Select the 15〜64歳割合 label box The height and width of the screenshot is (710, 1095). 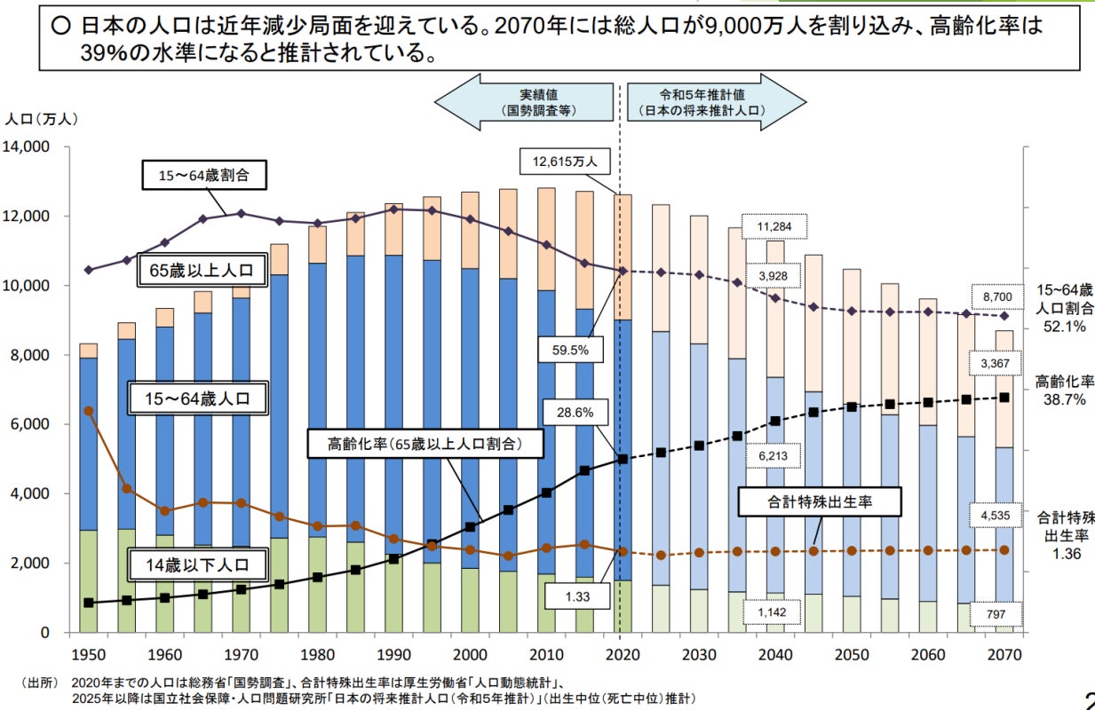205,176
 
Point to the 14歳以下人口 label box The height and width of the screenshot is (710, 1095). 197,564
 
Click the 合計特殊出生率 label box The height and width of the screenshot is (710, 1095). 820,501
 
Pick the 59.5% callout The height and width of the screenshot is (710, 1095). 570,350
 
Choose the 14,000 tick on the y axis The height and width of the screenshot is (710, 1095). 31,146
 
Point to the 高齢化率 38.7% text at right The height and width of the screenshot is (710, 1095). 1064,390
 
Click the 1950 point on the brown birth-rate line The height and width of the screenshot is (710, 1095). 89,411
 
